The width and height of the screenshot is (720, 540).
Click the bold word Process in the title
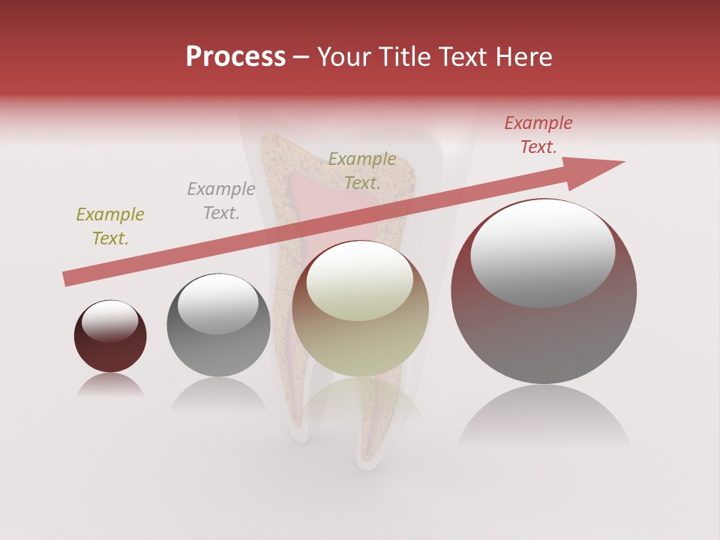(x=235, y=56)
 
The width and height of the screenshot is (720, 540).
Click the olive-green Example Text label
(x=110, y=226)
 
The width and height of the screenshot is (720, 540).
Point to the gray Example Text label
(x=221, y=200)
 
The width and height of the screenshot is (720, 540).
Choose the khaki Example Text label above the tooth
(x=362, y=170)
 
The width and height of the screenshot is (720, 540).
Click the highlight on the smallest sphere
(x=109, y=321)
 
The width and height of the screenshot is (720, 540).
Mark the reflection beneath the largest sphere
(x=544, y=416)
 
